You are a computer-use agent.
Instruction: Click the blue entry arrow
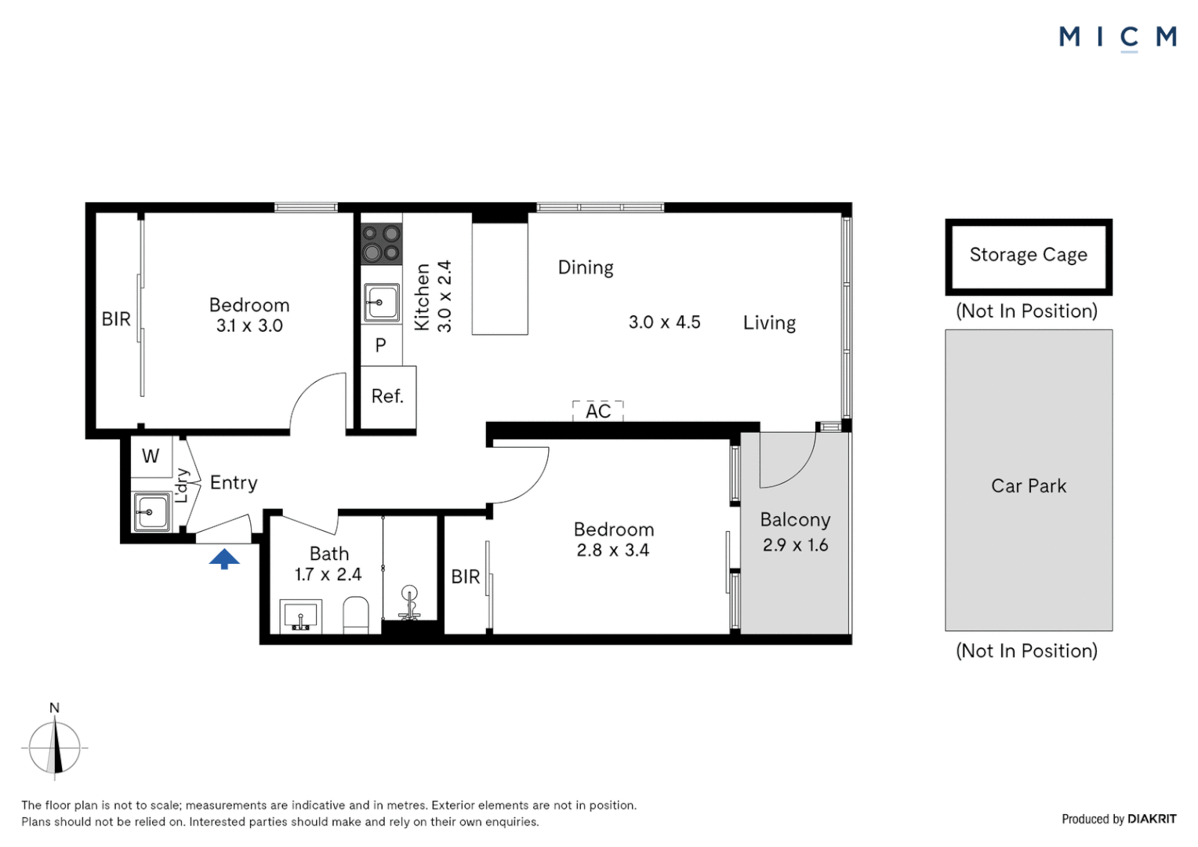click(224, 558)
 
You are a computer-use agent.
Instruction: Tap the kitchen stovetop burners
click(381, 244)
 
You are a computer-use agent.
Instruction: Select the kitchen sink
click(381, 303)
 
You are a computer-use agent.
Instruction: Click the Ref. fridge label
click(387, 396)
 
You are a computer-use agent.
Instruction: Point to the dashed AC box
click(598, 411)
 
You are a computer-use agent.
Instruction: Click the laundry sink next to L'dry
click(152, 512)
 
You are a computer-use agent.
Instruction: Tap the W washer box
click(151, 456)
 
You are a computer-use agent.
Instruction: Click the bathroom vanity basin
click(301, 617)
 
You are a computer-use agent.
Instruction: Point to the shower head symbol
click(410, 603)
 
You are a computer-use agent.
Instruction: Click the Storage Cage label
click(1029, 255)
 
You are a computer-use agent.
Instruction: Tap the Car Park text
click(1029, 485)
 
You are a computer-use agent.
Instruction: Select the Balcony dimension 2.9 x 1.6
click(795, 545)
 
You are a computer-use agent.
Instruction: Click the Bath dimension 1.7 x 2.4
click(329, 574)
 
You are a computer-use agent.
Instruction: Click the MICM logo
click(1118, 38)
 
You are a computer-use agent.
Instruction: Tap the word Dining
click(586, 267)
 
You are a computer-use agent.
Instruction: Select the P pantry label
click(380, 345)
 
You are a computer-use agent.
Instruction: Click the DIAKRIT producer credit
click(1152, 819)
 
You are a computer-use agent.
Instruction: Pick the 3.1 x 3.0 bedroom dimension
click(249, 325)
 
